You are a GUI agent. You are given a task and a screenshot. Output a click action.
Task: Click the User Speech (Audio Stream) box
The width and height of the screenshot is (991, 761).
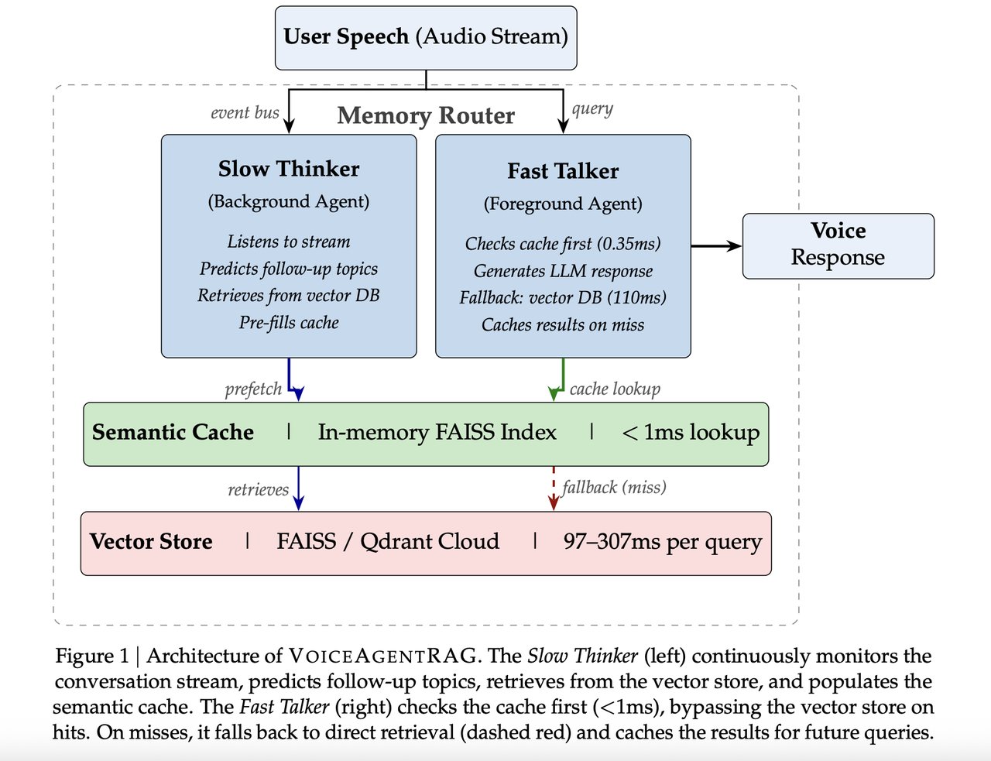(x=426, y=37)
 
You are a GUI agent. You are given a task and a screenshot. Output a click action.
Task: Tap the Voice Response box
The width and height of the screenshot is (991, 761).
(x=838, y=245)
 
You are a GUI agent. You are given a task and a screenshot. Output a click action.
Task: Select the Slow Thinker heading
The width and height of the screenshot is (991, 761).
(x=289, y=169)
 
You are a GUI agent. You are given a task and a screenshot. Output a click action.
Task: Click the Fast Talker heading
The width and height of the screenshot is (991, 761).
(x=563, y=171)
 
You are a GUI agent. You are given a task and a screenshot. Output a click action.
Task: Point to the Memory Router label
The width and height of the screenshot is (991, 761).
(x=426, y=115)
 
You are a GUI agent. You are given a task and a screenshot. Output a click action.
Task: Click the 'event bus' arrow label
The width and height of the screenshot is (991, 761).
(x=245, y=112)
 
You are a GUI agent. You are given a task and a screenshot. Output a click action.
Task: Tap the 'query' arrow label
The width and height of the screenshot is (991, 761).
(x=592, y=108)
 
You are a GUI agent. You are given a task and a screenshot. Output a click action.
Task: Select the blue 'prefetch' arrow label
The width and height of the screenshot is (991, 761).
(x=253, y=389)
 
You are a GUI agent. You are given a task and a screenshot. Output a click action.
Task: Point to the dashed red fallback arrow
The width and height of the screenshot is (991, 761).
(x=554, y=488)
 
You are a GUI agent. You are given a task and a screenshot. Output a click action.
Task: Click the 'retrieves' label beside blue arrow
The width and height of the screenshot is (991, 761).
(x=258, y=489)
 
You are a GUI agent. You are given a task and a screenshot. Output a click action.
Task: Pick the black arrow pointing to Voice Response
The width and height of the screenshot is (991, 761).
(x=715, y=246)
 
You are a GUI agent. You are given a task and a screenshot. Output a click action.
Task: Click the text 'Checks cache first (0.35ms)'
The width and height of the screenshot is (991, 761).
(x=563, y=244)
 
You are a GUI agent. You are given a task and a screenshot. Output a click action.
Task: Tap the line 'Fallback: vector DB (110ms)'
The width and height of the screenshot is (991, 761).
(x=563, y=298)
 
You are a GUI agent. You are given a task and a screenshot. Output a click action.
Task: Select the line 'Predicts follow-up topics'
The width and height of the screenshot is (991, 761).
(x=289, y=269)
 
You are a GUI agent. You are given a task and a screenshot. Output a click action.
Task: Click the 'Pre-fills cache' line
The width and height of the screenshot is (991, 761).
(x=289, y=323)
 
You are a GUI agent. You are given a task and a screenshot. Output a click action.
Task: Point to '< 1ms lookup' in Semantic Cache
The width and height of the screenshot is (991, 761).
(x=691, y=432)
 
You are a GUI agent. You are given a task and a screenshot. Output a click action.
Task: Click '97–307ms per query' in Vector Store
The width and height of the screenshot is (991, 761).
(x=663, y=541)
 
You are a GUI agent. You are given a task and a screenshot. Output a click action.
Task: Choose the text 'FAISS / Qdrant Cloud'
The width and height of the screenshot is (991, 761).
(x=388, y=541)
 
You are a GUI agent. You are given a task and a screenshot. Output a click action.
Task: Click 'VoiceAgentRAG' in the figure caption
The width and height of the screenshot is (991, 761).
(x=383, y=656)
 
